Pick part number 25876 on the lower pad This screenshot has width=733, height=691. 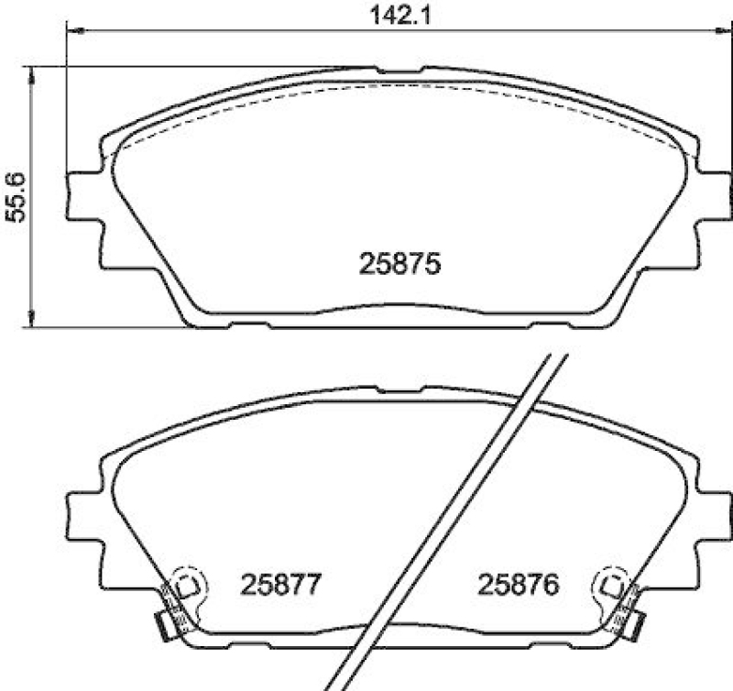pyautogui.click(x=519, y=584)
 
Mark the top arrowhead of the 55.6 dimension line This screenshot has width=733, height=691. pyautogui.click(x=33, y=73)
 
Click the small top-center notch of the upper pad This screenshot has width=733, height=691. pyautogui.click(x=399, y=69)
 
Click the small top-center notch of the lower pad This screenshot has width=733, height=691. pyautogui.click(x=399, y=389)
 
